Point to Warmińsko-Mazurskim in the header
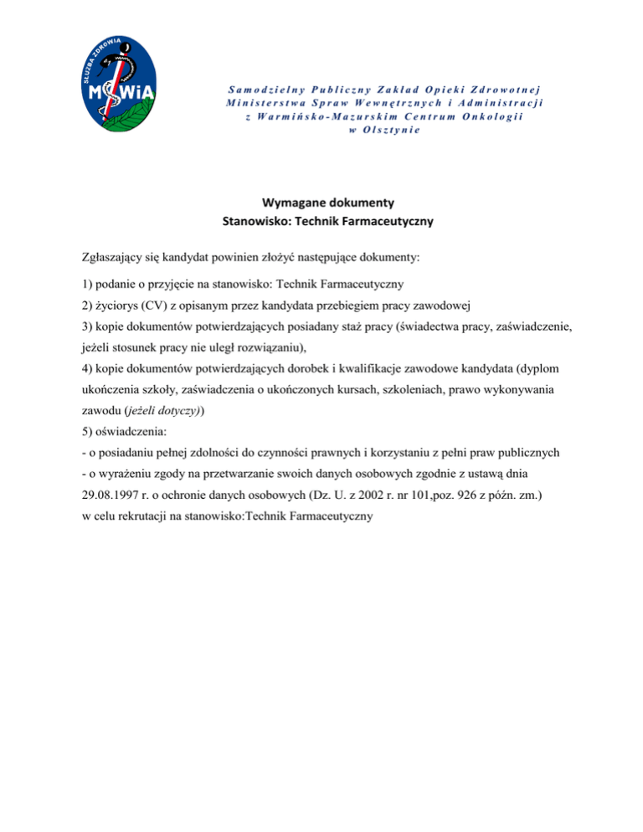(307, 116)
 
